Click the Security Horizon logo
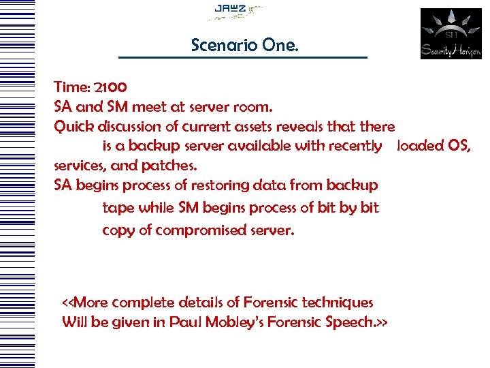pos(451,33)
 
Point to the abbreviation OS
pos(459,146)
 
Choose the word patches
pos(170,166)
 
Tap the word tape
pos(117,208)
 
